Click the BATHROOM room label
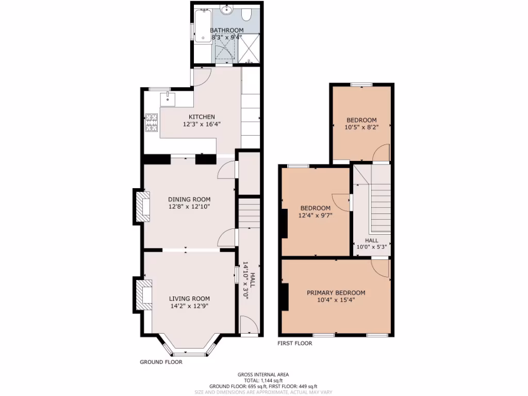click(x=227, y=30)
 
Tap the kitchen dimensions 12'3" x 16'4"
click(x=202, y=124)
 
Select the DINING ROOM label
click(x=189, y=200)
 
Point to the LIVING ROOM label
click(x=189, y=299)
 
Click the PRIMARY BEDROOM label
click(x=336, y=293)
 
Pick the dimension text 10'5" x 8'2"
click(x=361, y=127)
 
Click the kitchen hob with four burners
click(x=152, y=123)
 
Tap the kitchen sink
click(x=168, y=99)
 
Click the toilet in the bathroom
click(x=245, y=14)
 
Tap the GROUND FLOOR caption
click(x=161, y=362)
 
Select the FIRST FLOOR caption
click(x=294, y=343)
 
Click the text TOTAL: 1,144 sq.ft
click(x=263, y=381)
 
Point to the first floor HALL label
click(x=371, y=240)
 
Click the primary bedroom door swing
click(x=380, y=268)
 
